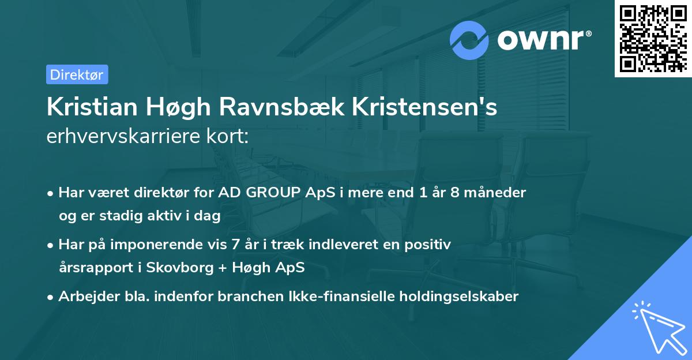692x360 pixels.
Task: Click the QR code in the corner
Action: pos(653,38)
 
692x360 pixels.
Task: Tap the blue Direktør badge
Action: pos(77,74)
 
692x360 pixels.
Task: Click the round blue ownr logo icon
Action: pos(469,40)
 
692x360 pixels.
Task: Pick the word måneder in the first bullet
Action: pos(495,193)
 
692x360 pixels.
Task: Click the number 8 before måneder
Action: pos(454,193)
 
